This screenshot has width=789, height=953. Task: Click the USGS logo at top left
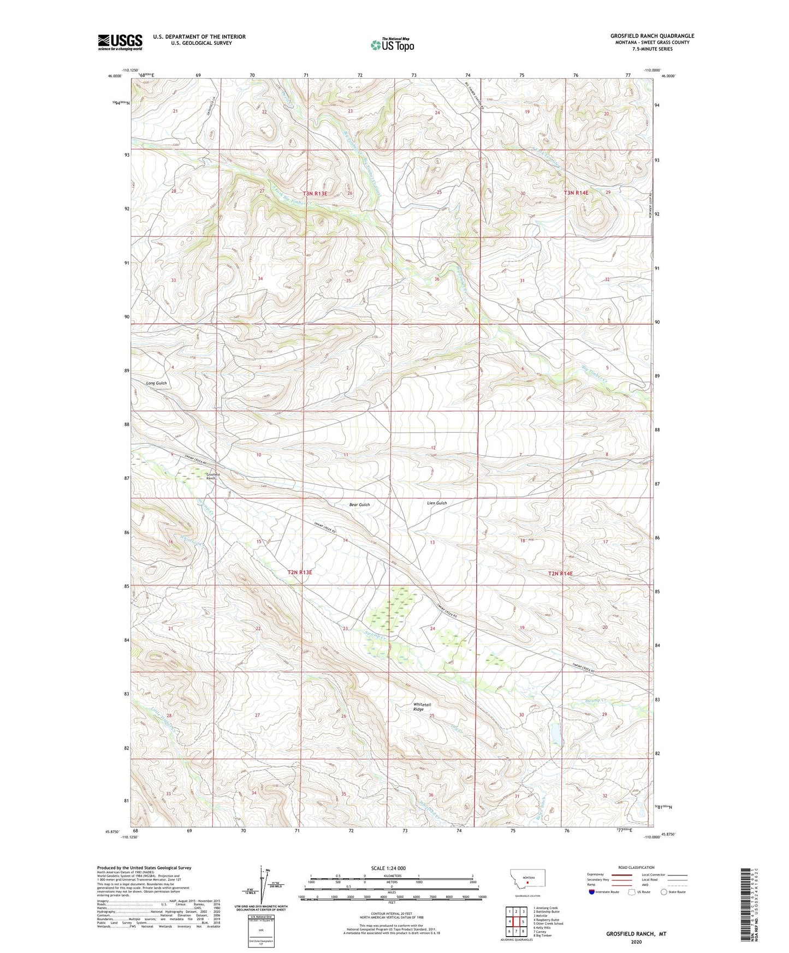point(120,42)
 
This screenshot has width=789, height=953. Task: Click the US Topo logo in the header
point(391,45)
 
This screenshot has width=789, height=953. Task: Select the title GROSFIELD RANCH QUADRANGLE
point(652,36)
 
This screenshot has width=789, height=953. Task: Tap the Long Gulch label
point(157,383)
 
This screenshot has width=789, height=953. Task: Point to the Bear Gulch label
point(359,505)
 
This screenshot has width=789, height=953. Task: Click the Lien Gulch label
point(437,503)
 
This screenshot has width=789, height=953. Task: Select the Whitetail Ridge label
point(419,707)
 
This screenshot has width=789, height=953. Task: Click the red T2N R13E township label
point(300,572)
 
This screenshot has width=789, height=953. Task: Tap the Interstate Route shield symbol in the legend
point(593,892)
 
